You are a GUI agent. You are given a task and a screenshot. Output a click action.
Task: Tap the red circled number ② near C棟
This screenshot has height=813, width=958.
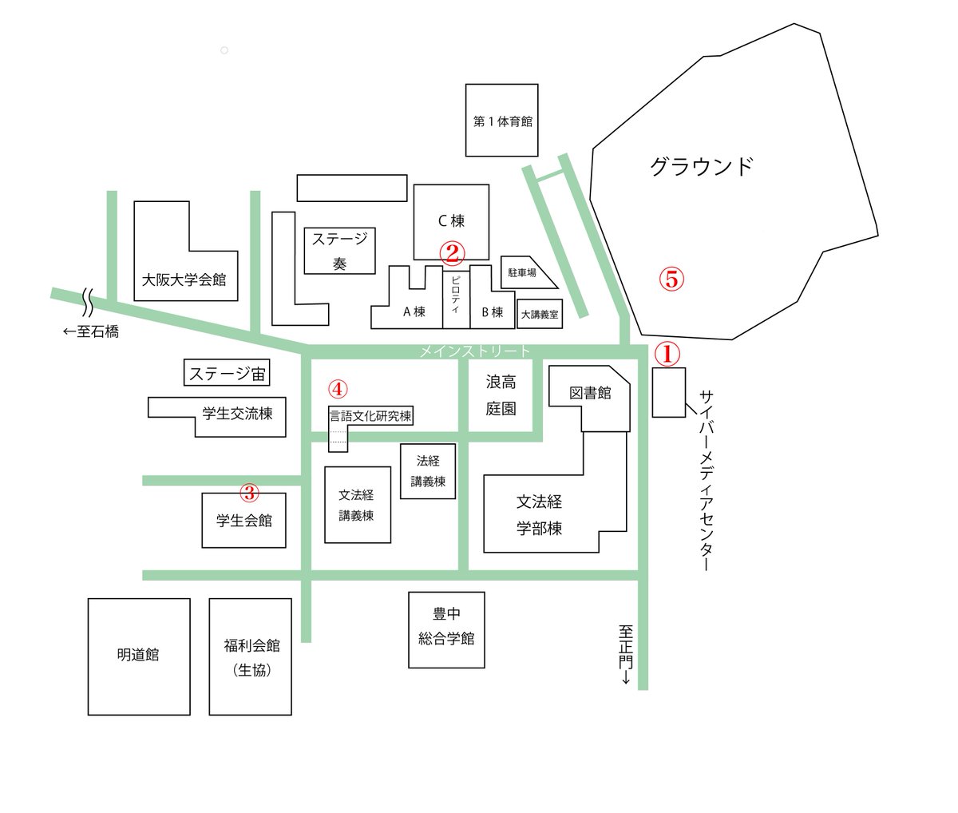pos(451,253)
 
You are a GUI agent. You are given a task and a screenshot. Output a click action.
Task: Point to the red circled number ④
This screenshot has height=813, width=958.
pos(338,389)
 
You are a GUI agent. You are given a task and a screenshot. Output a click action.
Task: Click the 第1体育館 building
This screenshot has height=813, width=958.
pos(502,121)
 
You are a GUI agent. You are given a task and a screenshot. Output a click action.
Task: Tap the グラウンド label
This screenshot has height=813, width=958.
pos(701,166)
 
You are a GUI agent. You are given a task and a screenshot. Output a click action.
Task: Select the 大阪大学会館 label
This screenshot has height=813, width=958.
pos(184,280)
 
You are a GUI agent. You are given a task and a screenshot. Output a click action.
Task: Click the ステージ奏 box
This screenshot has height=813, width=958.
pos(340,251)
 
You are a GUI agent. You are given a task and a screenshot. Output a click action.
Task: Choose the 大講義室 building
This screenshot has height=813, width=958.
pos(540,315)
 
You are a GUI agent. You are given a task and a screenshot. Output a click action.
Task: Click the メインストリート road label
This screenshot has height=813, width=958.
pos(475,351)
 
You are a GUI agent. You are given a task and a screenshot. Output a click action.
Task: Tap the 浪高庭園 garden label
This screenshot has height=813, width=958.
pos(501,395)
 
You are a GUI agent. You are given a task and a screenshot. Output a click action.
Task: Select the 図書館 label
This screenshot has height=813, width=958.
pos(590,393)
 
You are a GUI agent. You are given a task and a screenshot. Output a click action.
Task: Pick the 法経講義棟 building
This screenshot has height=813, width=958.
pos(428,471)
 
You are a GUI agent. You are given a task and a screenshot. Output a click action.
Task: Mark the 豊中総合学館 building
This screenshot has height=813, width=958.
pos(446,629)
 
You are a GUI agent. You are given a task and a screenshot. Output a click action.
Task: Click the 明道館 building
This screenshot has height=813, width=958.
pos(138,656)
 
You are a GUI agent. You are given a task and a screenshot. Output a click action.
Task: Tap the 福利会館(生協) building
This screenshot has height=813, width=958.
pos(251,656)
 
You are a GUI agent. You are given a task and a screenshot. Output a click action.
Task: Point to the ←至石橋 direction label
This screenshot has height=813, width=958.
pos(91,331)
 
